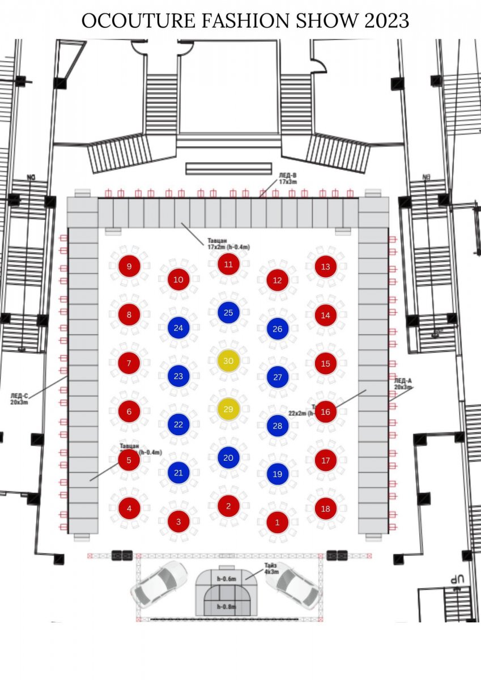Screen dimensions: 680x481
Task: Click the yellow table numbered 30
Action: tap(228, 361)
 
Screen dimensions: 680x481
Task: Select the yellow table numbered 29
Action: tap(228, 409)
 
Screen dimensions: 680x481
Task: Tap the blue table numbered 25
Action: tap(228, 312)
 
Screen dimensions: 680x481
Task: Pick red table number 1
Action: tap(277, 522)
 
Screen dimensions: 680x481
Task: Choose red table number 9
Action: tap(129, 266)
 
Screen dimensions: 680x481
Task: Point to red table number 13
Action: tap(325, 267)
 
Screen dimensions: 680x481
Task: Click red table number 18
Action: tap(325, 509)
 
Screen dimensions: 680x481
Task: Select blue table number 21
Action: tap(178, 473)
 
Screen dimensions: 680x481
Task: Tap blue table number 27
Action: tap(277, 377)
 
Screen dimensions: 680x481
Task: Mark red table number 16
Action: tap(325, 412)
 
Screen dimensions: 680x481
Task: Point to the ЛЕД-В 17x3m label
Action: tap(287, 179)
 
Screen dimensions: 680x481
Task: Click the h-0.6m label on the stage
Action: tap(226, 579)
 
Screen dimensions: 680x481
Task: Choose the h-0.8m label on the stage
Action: tap(226, 607)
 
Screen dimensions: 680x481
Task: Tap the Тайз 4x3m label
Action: tap(271, 569)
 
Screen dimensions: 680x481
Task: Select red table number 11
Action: tap(228, 264)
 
